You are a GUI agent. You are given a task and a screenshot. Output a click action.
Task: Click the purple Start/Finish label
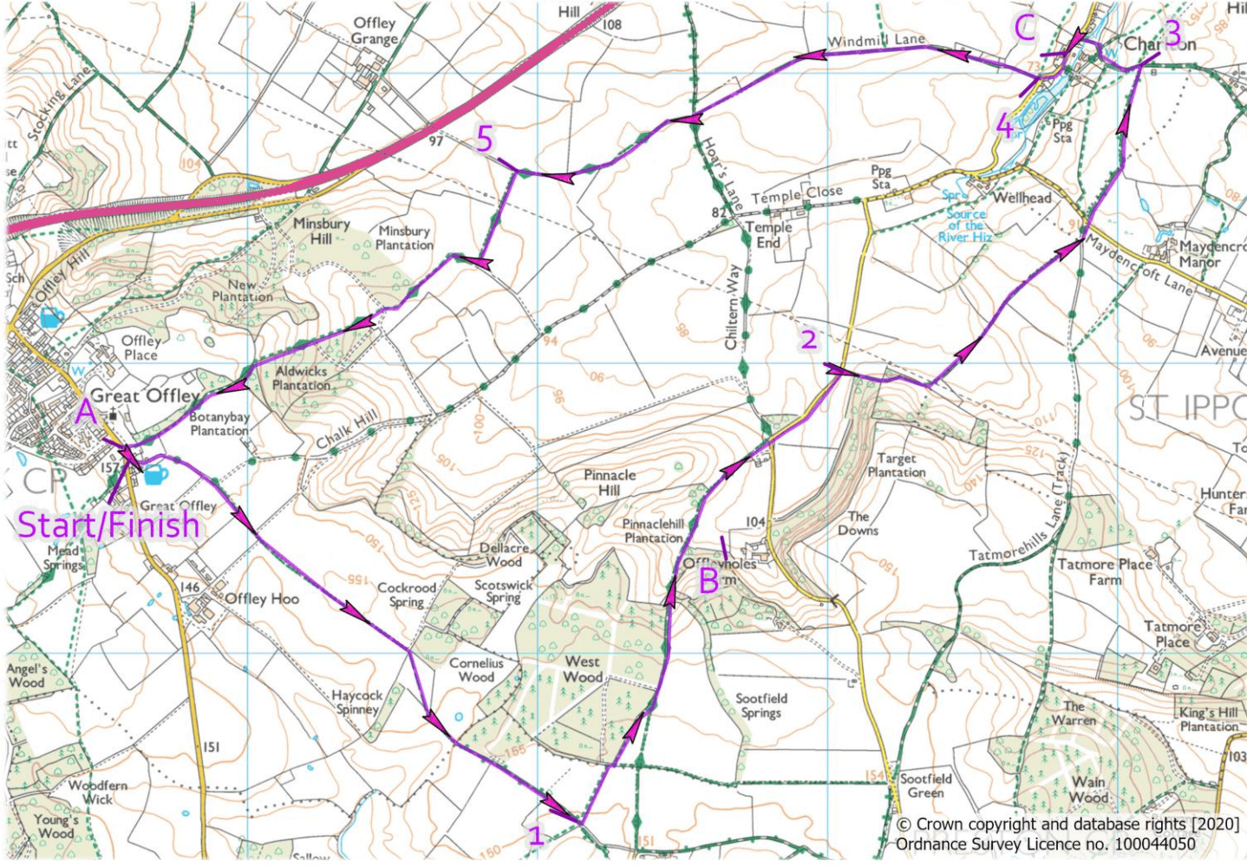click(x=108, y=525)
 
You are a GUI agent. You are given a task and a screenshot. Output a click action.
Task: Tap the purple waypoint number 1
click(x=537, y=836)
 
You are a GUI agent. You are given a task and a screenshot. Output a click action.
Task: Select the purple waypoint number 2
click(x=808, y=339)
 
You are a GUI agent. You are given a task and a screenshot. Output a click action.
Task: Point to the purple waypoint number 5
click(x=485, y=139)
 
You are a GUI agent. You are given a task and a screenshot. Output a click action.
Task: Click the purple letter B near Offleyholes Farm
click(x=708, y=580)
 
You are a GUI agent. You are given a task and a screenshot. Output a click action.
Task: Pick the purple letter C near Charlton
click(x=1025, y=29)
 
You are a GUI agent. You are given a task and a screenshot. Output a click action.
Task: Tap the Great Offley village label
click(x=146, y=396)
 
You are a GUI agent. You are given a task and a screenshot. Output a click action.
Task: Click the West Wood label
click(x=583, y=668)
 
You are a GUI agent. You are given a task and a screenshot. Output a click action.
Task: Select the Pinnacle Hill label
click(x=610, y=482)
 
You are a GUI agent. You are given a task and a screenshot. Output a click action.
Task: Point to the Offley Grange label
click(x=375, y=31)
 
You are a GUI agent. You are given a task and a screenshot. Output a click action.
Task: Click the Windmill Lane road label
click(x=876, y=41)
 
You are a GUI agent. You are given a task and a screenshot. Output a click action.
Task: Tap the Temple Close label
click(x=797, y=195)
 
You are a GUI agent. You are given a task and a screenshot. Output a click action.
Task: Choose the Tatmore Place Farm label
click(x=1105, y=571)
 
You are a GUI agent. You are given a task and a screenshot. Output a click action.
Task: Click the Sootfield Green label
click(x=925, y=786)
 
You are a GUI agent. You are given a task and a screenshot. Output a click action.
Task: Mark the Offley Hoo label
click(x=261, y=598)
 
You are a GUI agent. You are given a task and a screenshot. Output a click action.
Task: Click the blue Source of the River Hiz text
click(x=965, y=225)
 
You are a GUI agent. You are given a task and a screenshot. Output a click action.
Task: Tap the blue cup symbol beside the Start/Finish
click(x=155, y=474)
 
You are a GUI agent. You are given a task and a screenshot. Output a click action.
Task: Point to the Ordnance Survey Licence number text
click(x=1045, y=844)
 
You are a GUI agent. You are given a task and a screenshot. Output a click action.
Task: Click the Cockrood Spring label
click(x=407, y=594)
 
